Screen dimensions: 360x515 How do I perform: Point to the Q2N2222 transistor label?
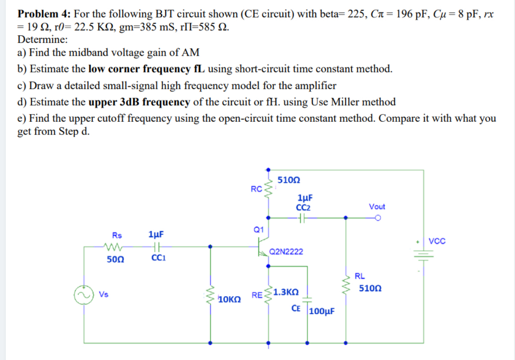click(x=286, y=251)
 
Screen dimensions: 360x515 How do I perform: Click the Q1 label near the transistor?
click(x=259, y=230)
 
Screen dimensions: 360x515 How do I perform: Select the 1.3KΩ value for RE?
click(x=285, y=292)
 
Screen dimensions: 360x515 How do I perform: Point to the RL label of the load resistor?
click(x=359, y=276)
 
